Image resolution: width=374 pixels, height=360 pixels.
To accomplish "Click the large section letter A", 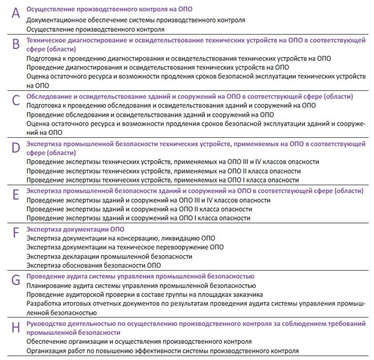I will coord(16,13).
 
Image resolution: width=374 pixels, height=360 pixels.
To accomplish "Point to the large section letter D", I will coord(16,148).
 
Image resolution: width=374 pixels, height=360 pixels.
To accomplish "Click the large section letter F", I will coord(16,233).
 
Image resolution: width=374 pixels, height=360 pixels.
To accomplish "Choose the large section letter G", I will coord(16,280).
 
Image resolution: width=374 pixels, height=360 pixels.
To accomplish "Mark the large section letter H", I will coord(16,327).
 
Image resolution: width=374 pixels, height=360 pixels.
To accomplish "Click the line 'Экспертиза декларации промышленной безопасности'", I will coord(109,256).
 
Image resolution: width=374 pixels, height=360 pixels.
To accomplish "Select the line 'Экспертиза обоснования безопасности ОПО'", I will coord(94,265).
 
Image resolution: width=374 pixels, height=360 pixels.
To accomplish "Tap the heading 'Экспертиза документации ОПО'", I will coord(75,229).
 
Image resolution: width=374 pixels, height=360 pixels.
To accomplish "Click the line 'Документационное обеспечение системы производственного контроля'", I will coord(136,20).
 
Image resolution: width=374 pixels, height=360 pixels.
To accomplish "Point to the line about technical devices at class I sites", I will coord(162,180).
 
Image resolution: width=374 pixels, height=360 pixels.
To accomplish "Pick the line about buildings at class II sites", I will coord(139,209).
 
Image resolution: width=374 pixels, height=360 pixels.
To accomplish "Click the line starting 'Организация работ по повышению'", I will coord(162,351).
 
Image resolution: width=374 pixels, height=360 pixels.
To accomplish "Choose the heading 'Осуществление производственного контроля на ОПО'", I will coord(109,9).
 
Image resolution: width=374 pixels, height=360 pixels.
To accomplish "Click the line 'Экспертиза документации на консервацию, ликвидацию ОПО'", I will coord(121,238).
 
